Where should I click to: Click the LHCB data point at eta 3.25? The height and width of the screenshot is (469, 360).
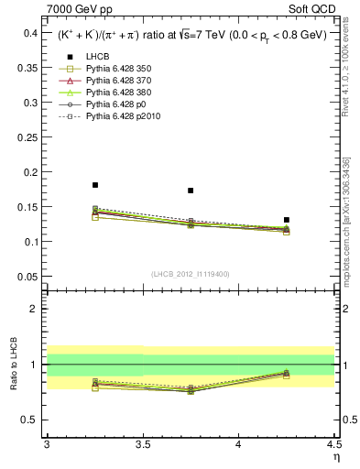coord(95,185)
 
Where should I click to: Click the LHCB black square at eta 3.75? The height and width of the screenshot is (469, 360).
coord(191,191)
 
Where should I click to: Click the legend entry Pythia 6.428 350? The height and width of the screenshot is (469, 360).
coord(114,69)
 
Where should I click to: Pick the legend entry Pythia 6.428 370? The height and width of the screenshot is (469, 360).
coord(114,81)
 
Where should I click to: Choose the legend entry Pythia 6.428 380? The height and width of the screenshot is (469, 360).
coord(114,93)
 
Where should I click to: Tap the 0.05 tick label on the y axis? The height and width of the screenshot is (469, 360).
coord(29,277)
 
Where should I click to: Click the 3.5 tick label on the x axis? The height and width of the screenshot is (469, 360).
coord(143,444)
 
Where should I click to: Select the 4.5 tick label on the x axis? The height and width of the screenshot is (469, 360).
coord(333,444)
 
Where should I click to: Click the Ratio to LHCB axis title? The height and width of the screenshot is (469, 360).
coord(12,365)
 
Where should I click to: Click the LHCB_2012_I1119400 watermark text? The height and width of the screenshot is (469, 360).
coord(191,273)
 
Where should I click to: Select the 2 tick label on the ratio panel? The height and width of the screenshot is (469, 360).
coord(37,309)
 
